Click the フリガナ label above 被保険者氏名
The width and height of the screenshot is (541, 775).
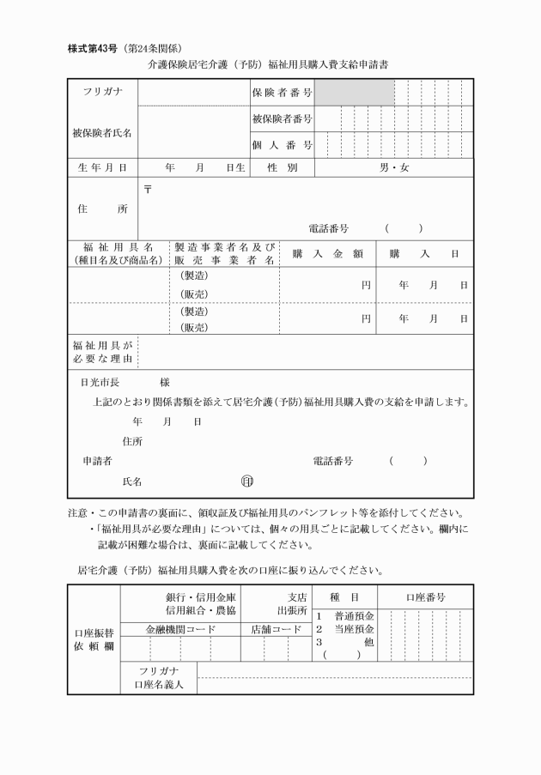click(x=102, y=92)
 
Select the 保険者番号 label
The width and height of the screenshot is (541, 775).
click(x=282, y=92)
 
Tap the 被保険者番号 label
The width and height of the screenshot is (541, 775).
click(x=282, y=118)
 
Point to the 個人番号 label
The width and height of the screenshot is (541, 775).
click(x=282, y=145)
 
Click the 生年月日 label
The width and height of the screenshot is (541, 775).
click(x=102, y=168)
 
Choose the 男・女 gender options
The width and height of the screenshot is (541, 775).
click(x=395, y=168)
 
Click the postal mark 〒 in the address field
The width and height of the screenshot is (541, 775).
click(x=146, y=189)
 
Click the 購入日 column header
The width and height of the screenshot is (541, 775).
click(x=424, y=253)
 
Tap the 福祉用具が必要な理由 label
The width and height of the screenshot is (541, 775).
click(x=102, y=351)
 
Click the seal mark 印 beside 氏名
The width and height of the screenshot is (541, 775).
click(x=247, y=482)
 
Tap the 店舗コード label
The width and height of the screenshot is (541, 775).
click(x=276, y=629)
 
